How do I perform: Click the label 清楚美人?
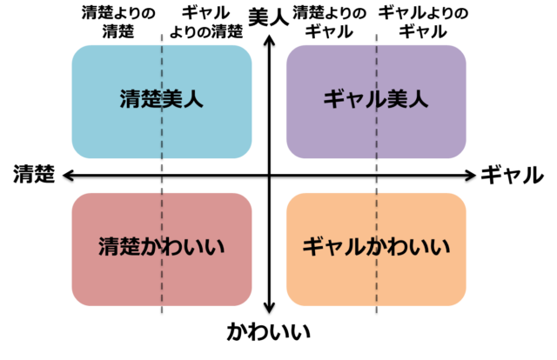click(162, 99)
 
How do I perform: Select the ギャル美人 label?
click(376, 99)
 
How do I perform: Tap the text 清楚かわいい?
click(162, 247)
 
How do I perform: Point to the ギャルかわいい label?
click(376, 247)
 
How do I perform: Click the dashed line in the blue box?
click(162, 139)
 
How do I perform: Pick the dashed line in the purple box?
click(376, 139)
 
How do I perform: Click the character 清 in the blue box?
click(131, 99)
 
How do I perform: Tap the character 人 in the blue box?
click(193, 99)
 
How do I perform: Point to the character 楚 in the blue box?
click(151, 99)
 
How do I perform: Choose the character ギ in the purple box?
click(334, 99)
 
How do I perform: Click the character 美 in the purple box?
click(398, 99)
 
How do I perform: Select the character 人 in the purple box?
click(419, 99)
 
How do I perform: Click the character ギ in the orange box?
click(312, 247)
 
